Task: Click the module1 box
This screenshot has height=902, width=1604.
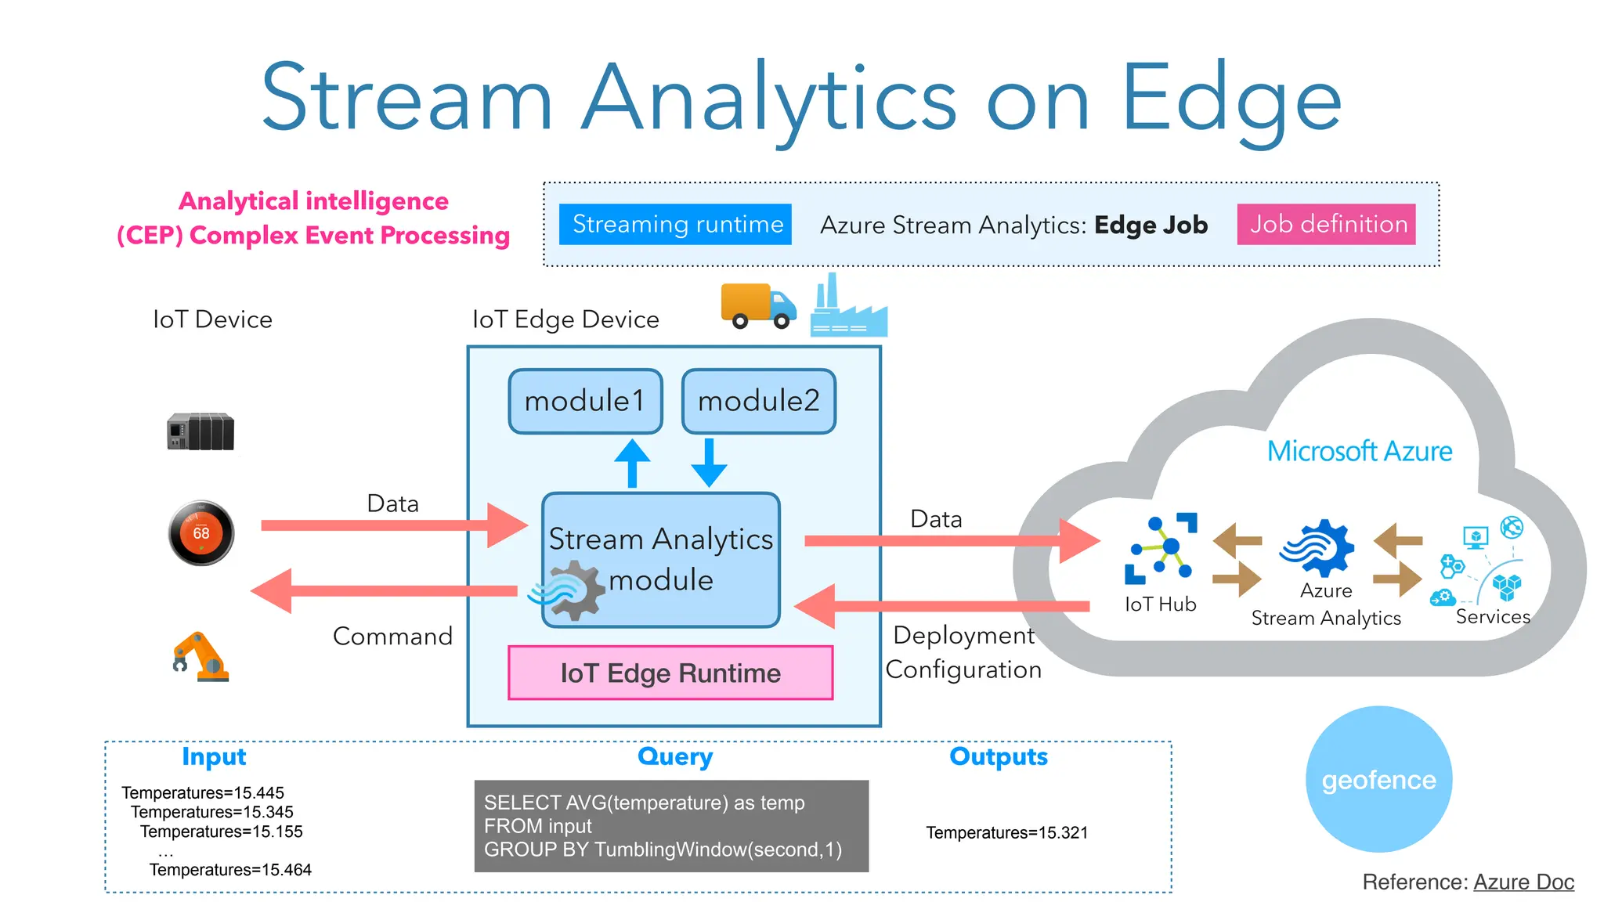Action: (585, 401)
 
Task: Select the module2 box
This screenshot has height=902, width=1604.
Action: (758, 401)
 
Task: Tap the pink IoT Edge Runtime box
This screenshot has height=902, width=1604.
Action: (670, 673)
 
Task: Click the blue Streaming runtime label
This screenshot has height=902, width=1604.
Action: (675, 224)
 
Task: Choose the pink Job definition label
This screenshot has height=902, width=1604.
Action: (1326, 224)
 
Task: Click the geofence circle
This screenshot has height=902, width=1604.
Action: (1378, 779)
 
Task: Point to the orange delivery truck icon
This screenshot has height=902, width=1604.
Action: (757, 305)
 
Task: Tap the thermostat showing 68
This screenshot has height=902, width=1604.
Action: (201, 533)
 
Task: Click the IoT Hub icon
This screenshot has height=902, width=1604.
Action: (1161, 548)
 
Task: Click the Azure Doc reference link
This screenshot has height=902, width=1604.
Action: (1523, 882)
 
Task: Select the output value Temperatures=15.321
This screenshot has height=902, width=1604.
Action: (1006, 832)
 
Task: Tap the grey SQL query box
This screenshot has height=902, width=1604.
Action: (671, 825)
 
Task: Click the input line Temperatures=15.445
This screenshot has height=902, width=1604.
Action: (203, 792)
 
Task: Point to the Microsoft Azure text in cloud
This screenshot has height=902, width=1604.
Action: (1359, 451)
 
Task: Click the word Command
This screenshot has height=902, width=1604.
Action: (392, 636)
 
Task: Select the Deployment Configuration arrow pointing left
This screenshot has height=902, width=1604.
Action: (940, 606)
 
